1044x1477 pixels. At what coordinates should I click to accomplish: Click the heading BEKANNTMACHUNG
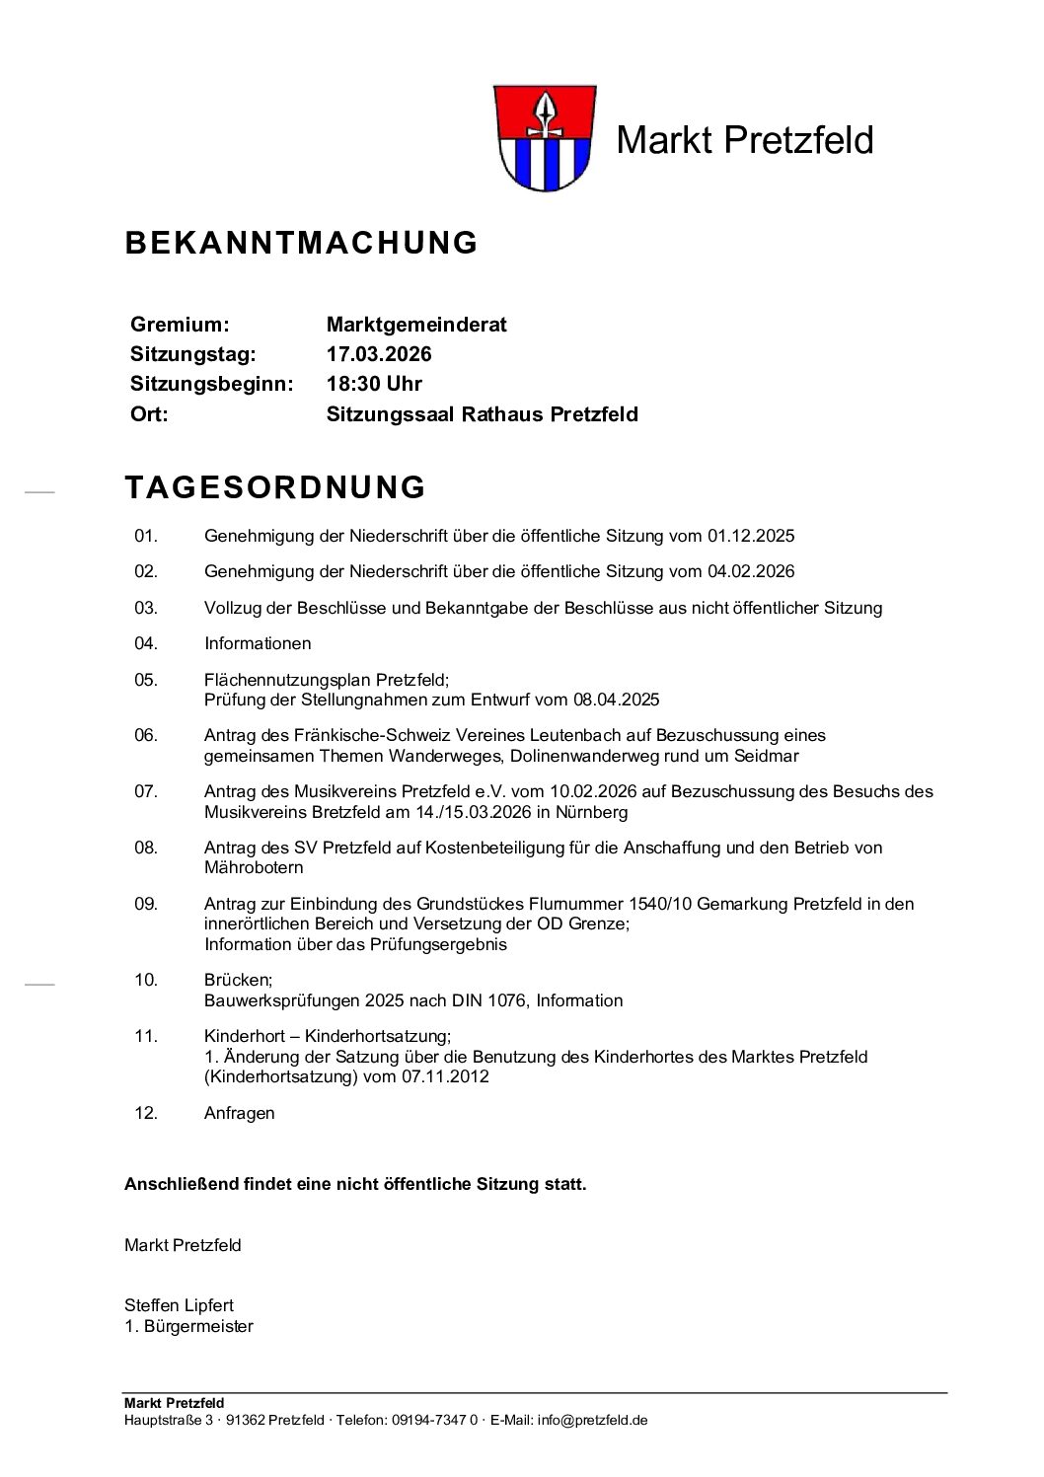(x=301, y=243)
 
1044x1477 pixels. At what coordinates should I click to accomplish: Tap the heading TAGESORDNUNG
(x=275, y=487)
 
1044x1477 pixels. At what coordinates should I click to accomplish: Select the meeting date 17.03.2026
(x=379, y=354)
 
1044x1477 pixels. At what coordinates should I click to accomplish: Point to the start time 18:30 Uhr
(x=374, y=384)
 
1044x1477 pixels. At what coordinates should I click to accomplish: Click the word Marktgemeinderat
(x=416, y=325)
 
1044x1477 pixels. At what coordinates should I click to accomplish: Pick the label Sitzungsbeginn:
(x=211, y=384)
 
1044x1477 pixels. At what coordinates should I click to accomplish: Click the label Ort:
(x=149, y=414)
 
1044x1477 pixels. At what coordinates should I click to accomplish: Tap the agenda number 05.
(x=146, y=680)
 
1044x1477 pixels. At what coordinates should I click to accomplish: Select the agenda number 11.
(x=146, y=1036)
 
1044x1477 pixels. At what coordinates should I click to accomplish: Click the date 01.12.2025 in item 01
(x=751, y=537)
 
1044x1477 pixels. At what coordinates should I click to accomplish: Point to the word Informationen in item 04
(x=258, y=644)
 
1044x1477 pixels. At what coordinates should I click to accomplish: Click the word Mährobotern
(x=254, y=868)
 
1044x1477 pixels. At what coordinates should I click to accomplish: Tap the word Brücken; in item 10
(x=238, y=980)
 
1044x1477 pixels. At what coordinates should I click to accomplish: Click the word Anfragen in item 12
(x=240, y=1113)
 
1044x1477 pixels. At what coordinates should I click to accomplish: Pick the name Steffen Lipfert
(x=179, y=1305)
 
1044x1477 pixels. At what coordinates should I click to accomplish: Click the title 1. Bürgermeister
(x=188, y=1326)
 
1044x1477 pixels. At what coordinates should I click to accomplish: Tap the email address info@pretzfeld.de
(x=592, y=1420)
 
